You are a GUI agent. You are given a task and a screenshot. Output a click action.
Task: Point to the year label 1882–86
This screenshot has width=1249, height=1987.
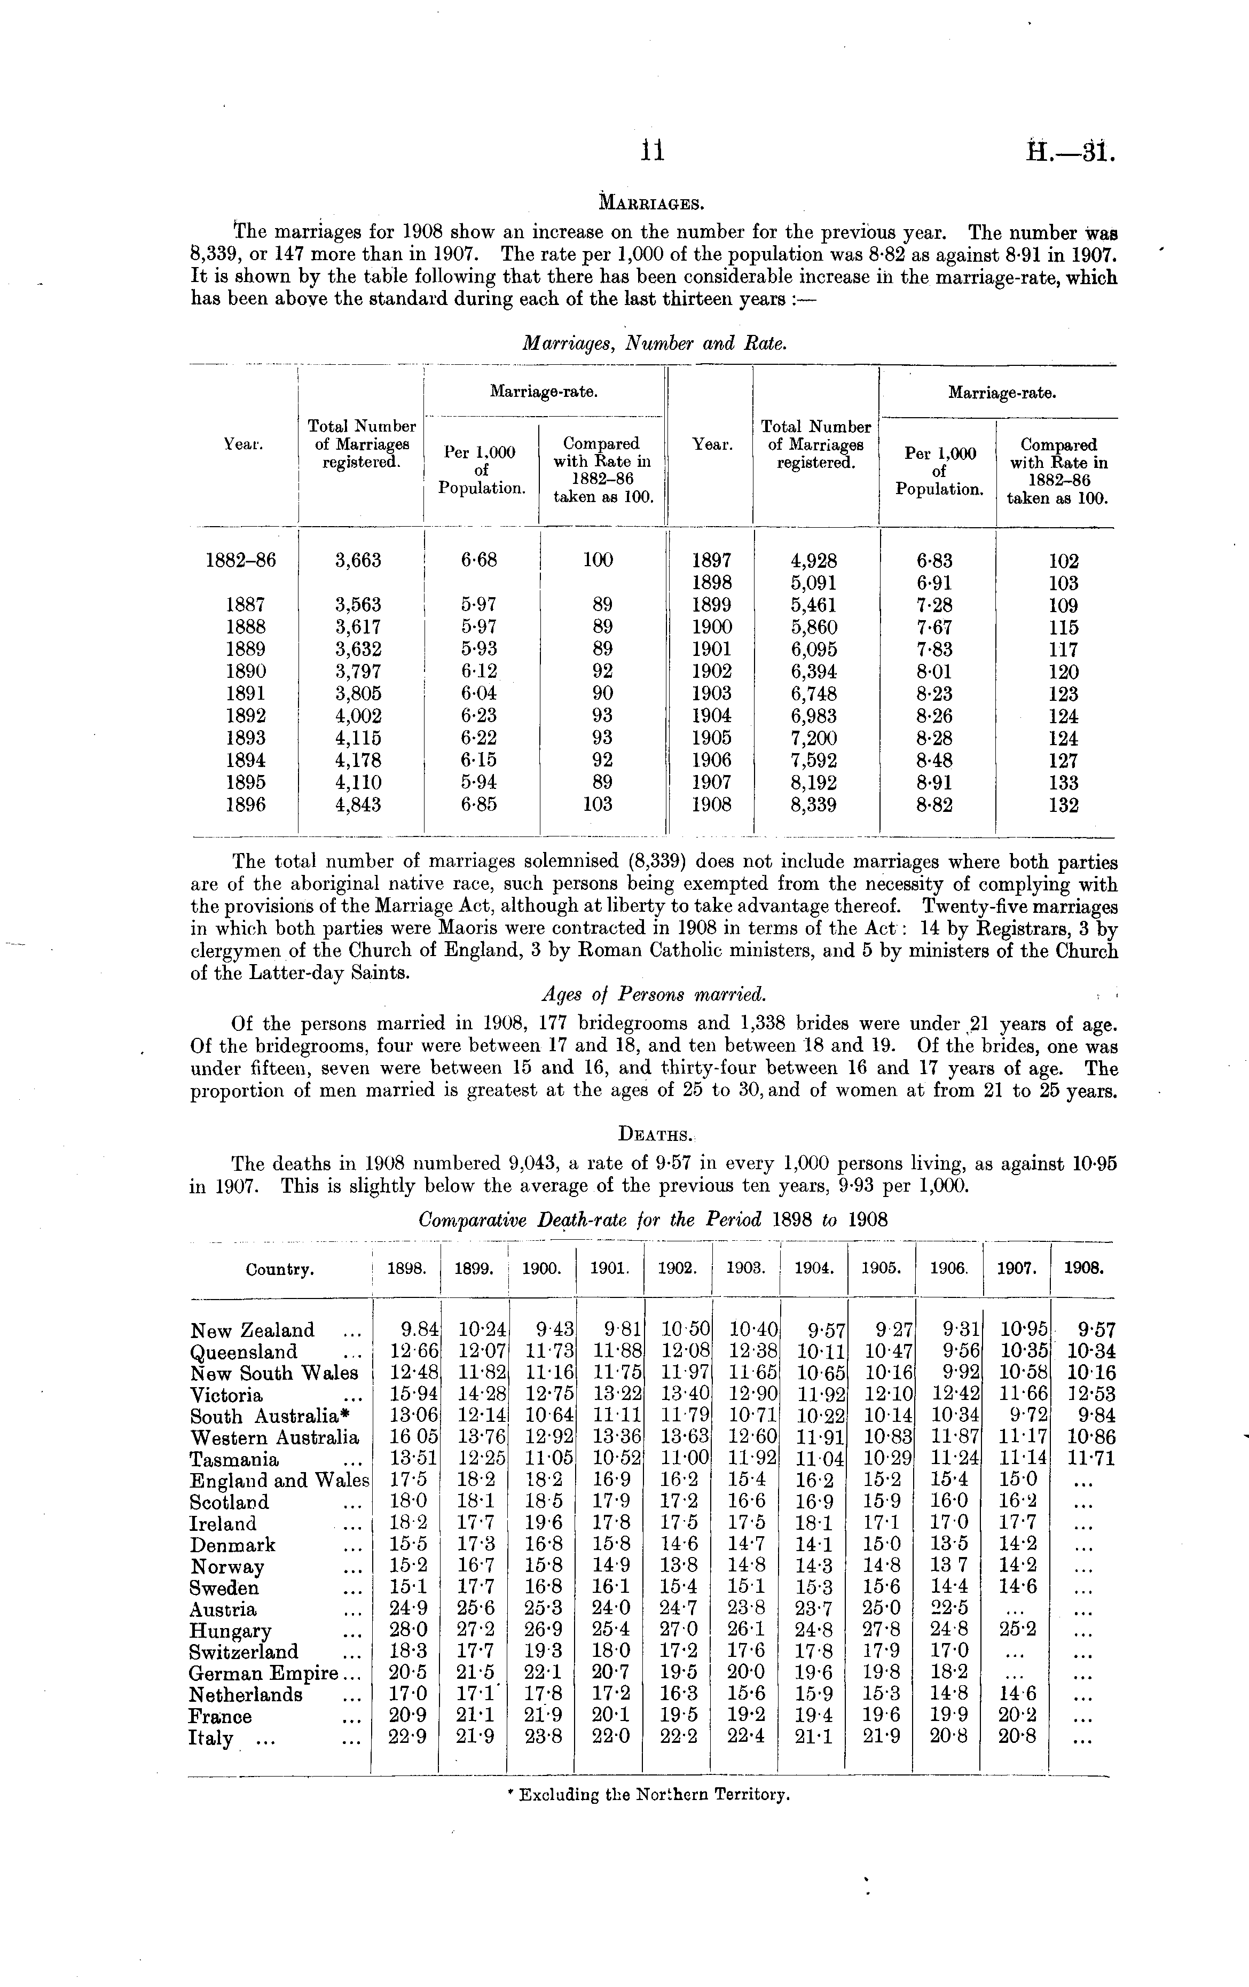pyautogui.click(x=240, y=560)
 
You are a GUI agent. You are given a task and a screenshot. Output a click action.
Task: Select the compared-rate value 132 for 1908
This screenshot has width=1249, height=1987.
pyautogui.click(x=1063, y=804)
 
